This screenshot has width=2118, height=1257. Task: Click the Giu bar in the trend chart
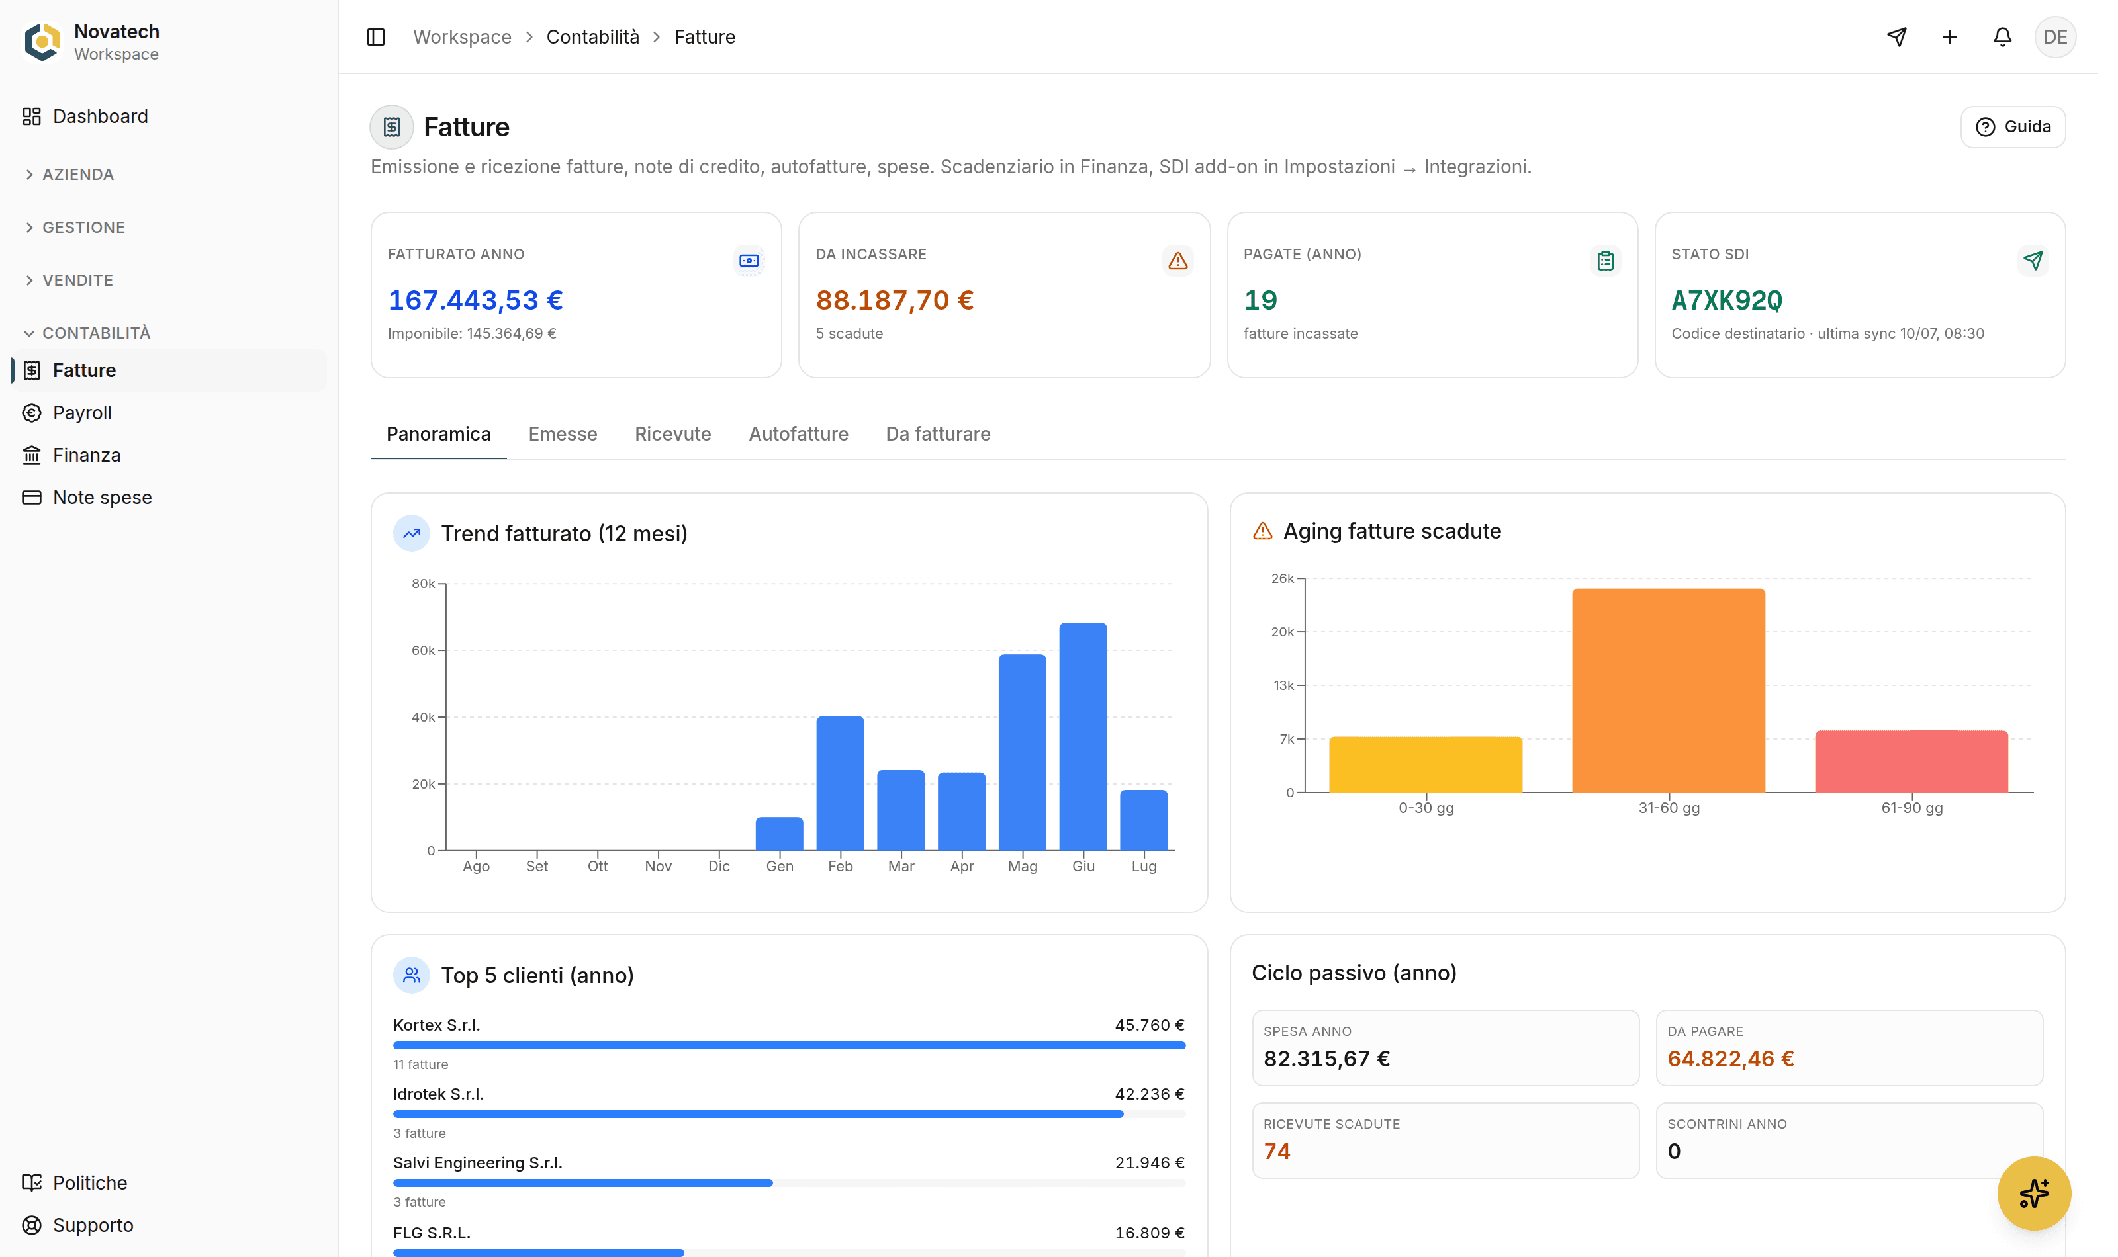tap(1083, 736)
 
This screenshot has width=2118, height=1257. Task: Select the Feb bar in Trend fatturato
tap(839, 783)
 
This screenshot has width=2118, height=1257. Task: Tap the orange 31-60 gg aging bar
tap(1668, 690)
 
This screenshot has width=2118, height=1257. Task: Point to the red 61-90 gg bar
tap(1911, 761)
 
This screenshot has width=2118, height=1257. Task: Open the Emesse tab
tap(563, 434)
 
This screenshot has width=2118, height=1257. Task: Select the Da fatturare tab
tap(938, 434)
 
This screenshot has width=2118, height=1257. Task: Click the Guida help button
tap(2013, 127)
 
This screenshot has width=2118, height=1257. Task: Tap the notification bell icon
tap(2002, 37)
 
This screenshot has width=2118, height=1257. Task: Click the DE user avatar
tap(2055, 37)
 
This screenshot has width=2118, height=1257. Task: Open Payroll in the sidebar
tap(82, 413)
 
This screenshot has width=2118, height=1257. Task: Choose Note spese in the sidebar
tap(103, 498)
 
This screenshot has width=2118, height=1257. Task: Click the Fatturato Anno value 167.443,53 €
tap(475, 300)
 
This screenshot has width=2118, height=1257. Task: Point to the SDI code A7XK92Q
tap(1727, 300)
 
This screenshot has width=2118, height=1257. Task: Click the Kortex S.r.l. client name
tap(436, 1025)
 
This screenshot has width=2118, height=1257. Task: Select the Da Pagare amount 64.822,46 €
tap(1730, 1059)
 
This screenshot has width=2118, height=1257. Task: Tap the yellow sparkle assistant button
tap(2033, 1193)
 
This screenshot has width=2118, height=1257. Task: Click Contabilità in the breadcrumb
tap(592, 37)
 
